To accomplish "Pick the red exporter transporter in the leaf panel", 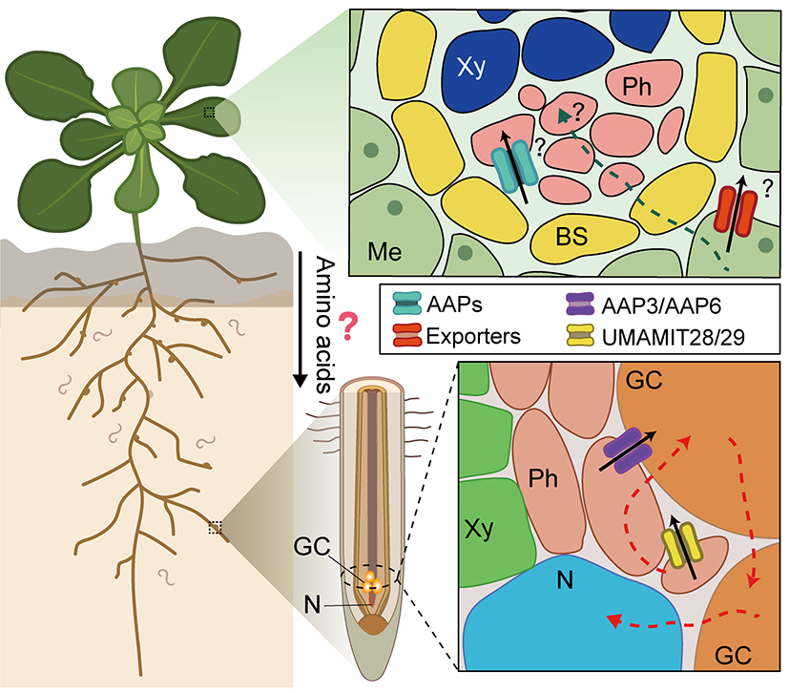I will point(737,216).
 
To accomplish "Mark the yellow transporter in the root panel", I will point(681,550).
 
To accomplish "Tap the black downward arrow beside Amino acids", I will point(299,315).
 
